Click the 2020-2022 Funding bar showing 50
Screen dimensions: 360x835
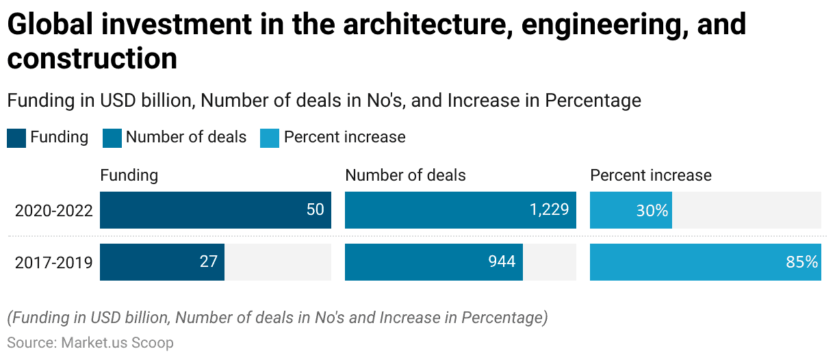[216, 209]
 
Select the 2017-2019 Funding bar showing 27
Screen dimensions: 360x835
[163, 261]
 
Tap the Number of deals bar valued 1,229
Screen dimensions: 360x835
[460, 209]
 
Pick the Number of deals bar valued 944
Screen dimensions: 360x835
[434, 261]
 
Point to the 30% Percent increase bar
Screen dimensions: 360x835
[630, 209]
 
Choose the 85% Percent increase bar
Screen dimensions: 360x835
[705, 261]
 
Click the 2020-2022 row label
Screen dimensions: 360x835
[54, 210]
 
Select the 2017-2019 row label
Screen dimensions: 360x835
[54, 262]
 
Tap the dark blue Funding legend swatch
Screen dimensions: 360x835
[16, 138]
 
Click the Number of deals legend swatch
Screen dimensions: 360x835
[112, 138]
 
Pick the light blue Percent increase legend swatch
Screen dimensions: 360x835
[270, 138]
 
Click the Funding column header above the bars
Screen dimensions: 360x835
[129, 175]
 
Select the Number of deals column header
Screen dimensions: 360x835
[405, 175]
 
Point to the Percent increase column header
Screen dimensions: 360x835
[651, 175]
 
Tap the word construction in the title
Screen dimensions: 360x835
[92, 59]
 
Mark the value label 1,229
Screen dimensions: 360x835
[549, 209]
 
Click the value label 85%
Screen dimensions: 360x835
[801, 261]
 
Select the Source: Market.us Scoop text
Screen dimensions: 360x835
[90, 342]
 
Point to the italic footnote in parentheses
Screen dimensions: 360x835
[277, 318]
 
